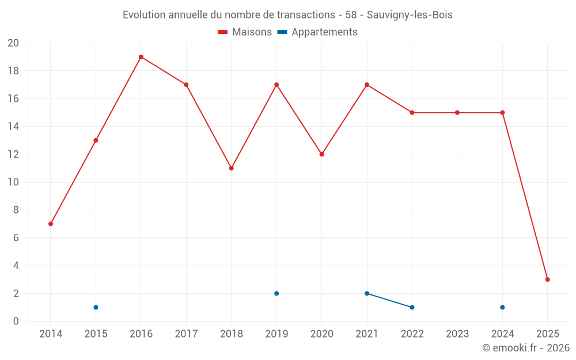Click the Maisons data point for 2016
[x=141, y=57]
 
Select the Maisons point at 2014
[x=51, y=223]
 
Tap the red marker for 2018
[x=231, y=168]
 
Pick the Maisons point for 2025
[x=547, y=279]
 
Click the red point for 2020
[x=321, y=154]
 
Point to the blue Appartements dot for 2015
[x=96, y=307]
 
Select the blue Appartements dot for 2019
[x=276, y=293]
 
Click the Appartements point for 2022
[x=412, y=307]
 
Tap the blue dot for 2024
[x=502, y=307]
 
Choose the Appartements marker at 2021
[x=367, y=293]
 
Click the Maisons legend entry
[x=245, y=32]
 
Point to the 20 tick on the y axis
[x=13, y=43]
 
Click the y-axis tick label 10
[x=13, y=182]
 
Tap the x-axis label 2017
[x=186, y=334]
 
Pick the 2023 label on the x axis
[x=457, y=334]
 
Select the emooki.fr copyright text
[x=525, y=348]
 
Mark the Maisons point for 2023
[x=457, y=112]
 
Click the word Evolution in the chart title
[x=143, y=15]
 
